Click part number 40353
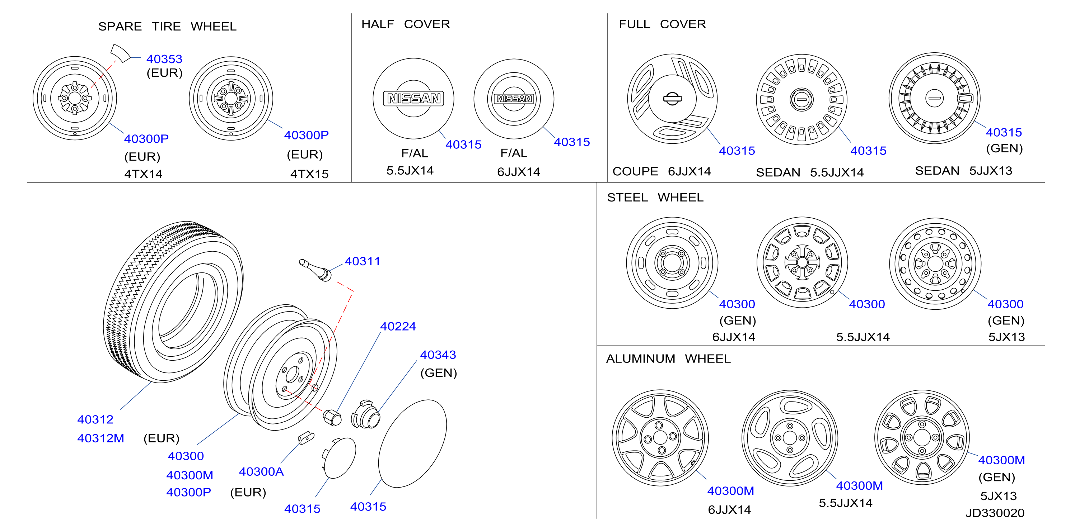click(x=164, y=59)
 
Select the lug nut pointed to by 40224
click(x=332, y=417)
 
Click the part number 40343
click(x=438, y=355)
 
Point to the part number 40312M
click(x=101, y=438)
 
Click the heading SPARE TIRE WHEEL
click(x=167, y=27)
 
